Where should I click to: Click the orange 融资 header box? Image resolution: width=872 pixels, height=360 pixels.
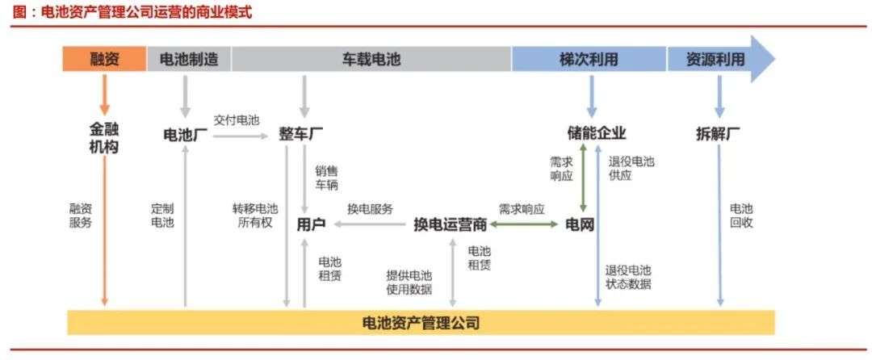[x=104, y=59]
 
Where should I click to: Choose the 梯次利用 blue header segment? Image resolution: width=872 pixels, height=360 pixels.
[x=589, y=59]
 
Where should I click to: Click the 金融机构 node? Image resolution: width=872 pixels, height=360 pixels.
[x=104, y=139]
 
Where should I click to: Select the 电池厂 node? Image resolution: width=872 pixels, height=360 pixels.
[x=186, y=133]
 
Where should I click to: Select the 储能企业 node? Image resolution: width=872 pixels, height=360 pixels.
[x=597, y=133]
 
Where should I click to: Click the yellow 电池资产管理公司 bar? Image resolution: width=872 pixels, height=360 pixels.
[x=421, y=323]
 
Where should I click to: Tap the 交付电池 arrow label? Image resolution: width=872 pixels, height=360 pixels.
[x=237, y=119]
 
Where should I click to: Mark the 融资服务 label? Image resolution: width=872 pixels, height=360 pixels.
[x=81, y=215]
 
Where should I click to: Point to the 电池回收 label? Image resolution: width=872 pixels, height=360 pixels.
[x=741, y=215]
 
